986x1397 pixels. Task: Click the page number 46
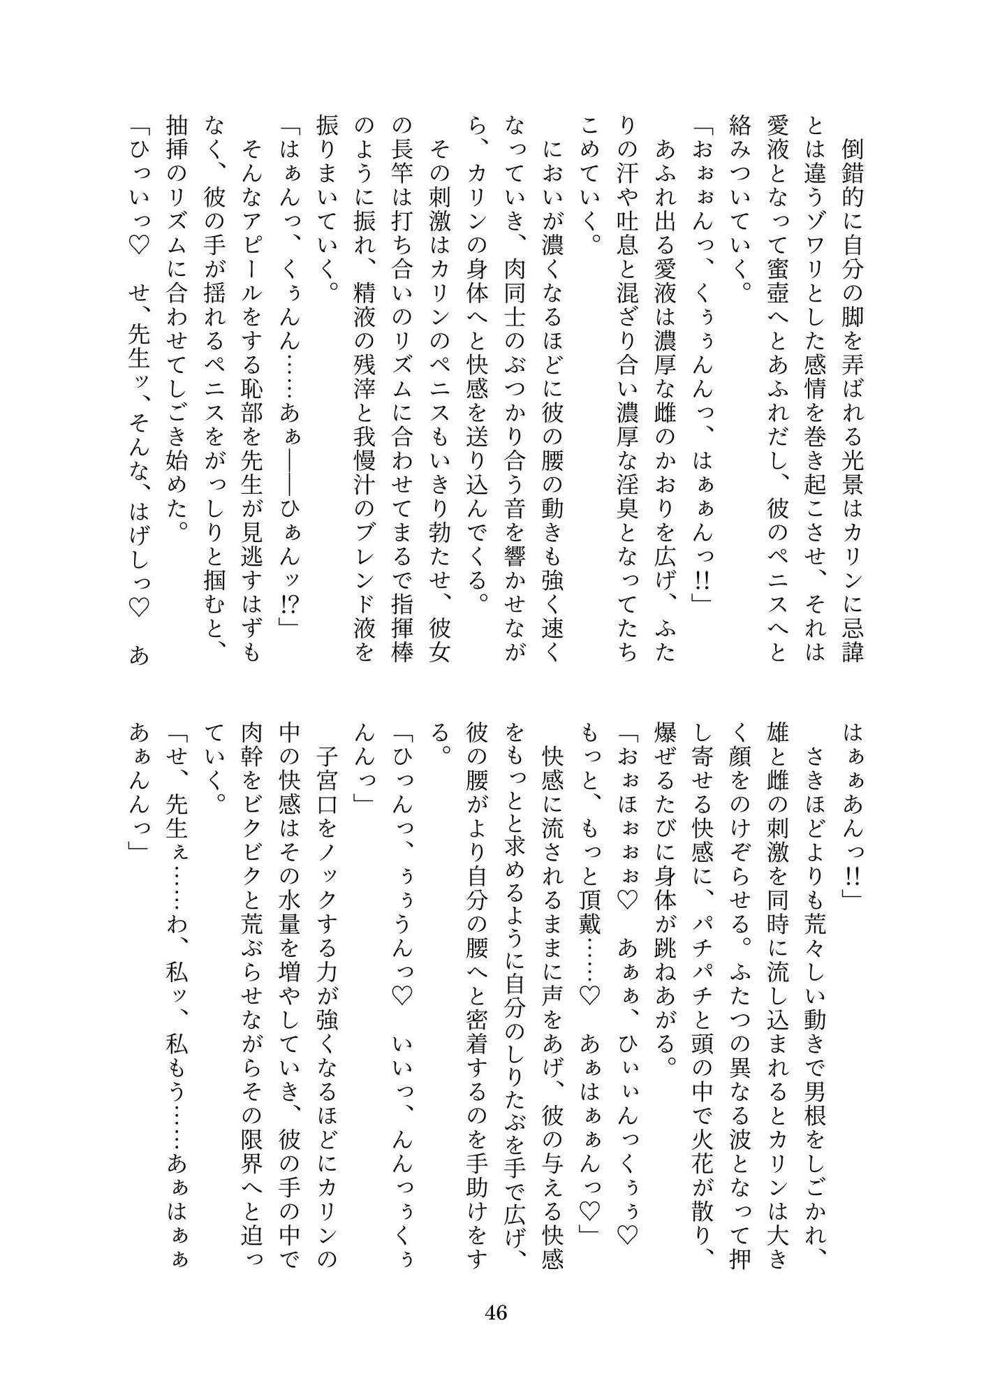click(x=495, y=1312)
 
